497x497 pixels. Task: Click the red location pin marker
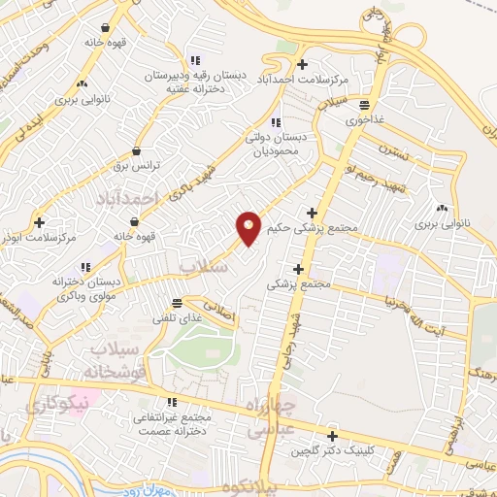[248, 228]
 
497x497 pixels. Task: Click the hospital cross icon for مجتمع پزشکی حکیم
[312, 213]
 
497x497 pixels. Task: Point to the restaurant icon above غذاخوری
[364, 105]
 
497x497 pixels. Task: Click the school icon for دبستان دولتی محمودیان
[276, 123]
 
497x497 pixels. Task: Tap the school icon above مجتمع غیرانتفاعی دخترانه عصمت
[172, 402]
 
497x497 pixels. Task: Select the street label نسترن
[389, 154]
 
